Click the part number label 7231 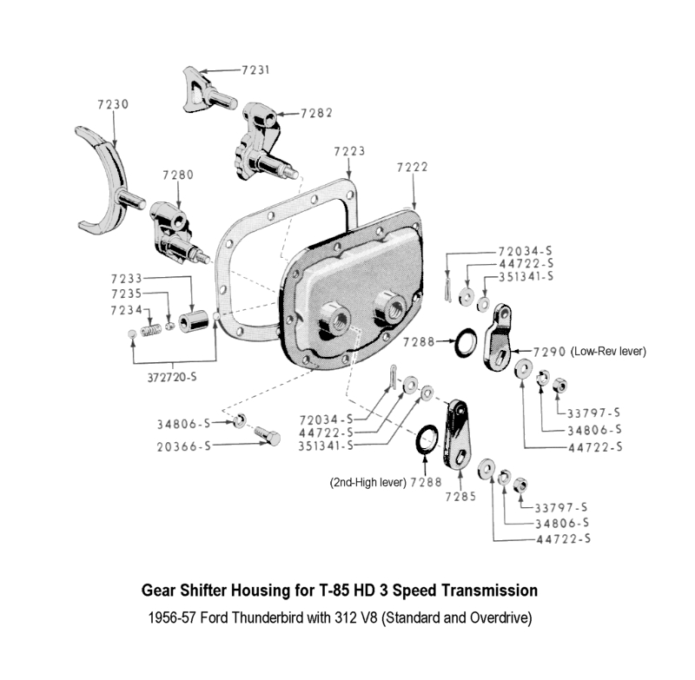255,70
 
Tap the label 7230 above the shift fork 113,104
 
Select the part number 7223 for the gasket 349,151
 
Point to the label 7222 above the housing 412,167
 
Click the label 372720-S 172,377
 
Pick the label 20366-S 184,446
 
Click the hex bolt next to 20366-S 268,436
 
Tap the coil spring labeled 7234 150,331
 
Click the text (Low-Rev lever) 608,352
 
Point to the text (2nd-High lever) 367,482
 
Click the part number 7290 549,352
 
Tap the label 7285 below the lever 460,496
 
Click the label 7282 316,114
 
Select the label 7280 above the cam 178,175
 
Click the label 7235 126,294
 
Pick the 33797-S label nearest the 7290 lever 593,413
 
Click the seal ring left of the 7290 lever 467,342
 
